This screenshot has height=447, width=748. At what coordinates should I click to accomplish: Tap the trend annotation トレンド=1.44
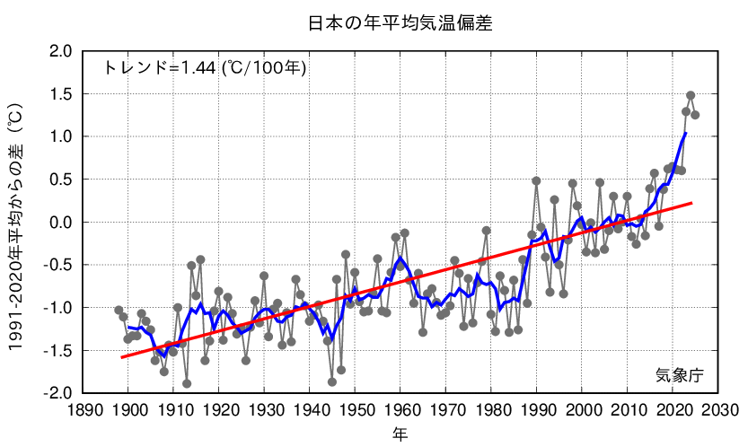[206, 67]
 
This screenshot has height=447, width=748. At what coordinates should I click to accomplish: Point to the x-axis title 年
[400, 434]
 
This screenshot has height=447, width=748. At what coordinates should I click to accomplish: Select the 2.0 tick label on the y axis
[59, 51]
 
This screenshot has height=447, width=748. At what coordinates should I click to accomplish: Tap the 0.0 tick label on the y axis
[59, 222]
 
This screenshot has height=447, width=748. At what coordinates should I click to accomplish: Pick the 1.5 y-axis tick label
[59, 93]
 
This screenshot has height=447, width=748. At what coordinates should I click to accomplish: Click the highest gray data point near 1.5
[691, 95]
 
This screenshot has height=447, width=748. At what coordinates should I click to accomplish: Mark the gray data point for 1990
[536, 180]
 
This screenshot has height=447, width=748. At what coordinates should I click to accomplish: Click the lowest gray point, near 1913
[187, 383]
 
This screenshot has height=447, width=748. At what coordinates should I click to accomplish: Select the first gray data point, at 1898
[119, 310]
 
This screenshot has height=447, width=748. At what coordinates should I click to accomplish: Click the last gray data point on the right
[695, 115]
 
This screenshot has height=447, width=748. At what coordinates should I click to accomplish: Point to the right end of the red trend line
[692, 203]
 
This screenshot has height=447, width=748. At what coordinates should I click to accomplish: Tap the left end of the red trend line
[121, 357]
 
